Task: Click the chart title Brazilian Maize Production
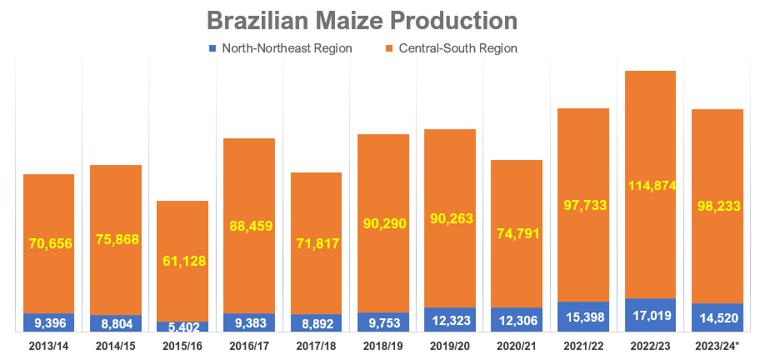coord(362,20)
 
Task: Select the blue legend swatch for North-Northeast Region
coord(212,48)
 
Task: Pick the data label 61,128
coord(182,261)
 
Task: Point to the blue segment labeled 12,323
coord(449,320)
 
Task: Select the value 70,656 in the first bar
coord(48,244)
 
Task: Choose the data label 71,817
coord(316,243)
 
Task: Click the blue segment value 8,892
coord(316,323)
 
